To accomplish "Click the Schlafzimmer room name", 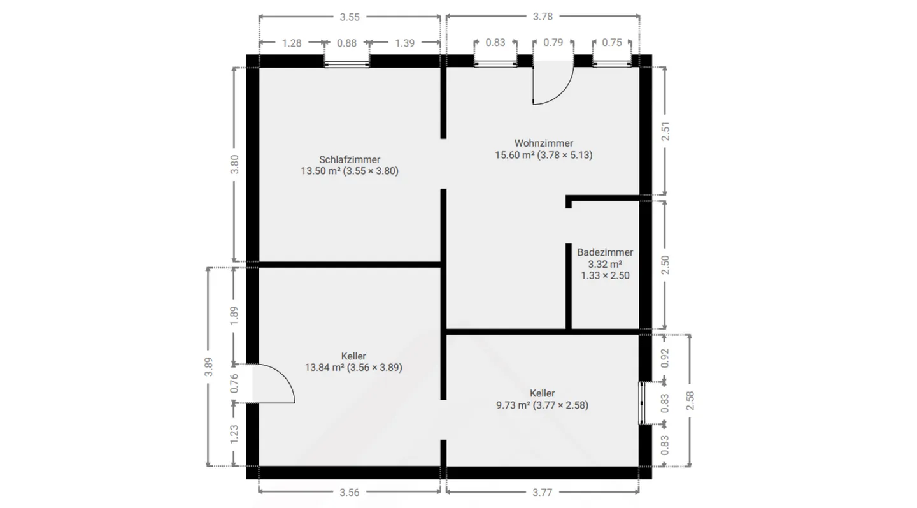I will pyautogui.click(x=350, y=159).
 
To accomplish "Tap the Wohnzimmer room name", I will pyautogui.click(x=544, y=143).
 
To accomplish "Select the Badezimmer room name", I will pyautogui.click(x=605, y=252).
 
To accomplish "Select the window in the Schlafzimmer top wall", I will pyautogui.click(x=347, y=63).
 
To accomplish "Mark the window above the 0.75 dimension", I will pyautogui.click(x=612, y=63).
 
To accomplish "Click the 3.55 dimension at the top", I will pyautogui.click(x=349, y=17).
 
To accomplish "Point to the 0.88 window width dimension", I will pyautogui.click(x=346, y=43).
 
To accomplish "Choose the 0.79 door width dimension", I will pyautogui.click(x=553, y=43).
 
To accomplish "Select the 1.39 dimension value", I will pyautogui.click(x=404, y=43).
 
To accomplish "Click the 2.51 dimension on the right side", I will pyautogui.click(x=665, y=131).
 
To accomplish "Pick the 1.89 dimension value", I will pyautogui.click(x=234, y=316).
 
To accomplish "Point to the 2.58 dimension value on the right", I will pyautogui.click(x=690, y=400).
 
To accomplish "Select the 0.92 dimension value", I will pyautogui.click(x=665, y=358).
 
